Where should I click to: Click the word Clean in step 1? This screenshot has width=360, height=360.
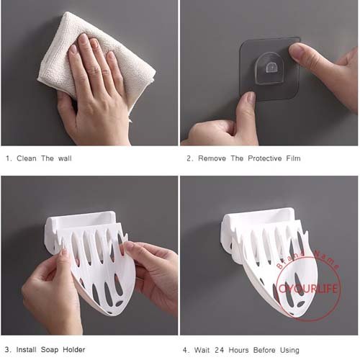[x=27, y=158]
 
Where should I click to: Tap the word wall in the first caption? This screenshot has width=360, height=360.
[x=65, y=158]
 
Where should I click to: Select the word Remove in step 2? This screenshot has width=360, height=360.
[x=212, y=158]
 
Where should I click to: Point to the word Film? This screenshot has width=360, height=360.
[x=293, y=158]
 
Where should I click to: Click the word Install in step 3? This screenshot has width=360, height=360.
[x=26, y=350]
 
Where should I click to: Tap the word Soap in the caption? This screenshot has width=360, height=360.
[x=50, y=350]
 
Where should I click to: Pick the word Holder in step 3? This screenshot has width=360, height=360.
[x=74, y=350]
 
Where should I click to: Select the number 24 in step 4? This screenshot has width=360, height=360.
[x=219, y=350]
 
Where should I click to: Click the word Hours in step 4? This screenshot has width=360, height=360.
[x=238, y=350]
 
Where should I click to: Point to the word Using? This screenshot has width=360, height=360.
[x=289, y=351]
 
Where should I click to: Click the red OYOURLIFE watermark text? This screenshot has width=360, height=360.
[x=308, y=289]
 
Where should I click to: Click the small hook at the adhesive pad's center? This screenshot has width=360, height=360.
[x=271, y=67]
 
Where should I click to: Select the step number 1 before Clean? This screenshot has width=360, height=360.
[x=8, y=158]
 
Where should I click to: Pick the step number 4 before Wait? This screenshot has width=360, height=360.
[x=185, y=350]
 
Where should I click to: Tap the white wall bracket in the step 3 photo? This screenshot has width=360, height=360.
[x=81, y=225]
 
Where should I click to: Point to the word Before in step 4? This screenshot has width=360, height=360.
[x=264, y=350]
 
